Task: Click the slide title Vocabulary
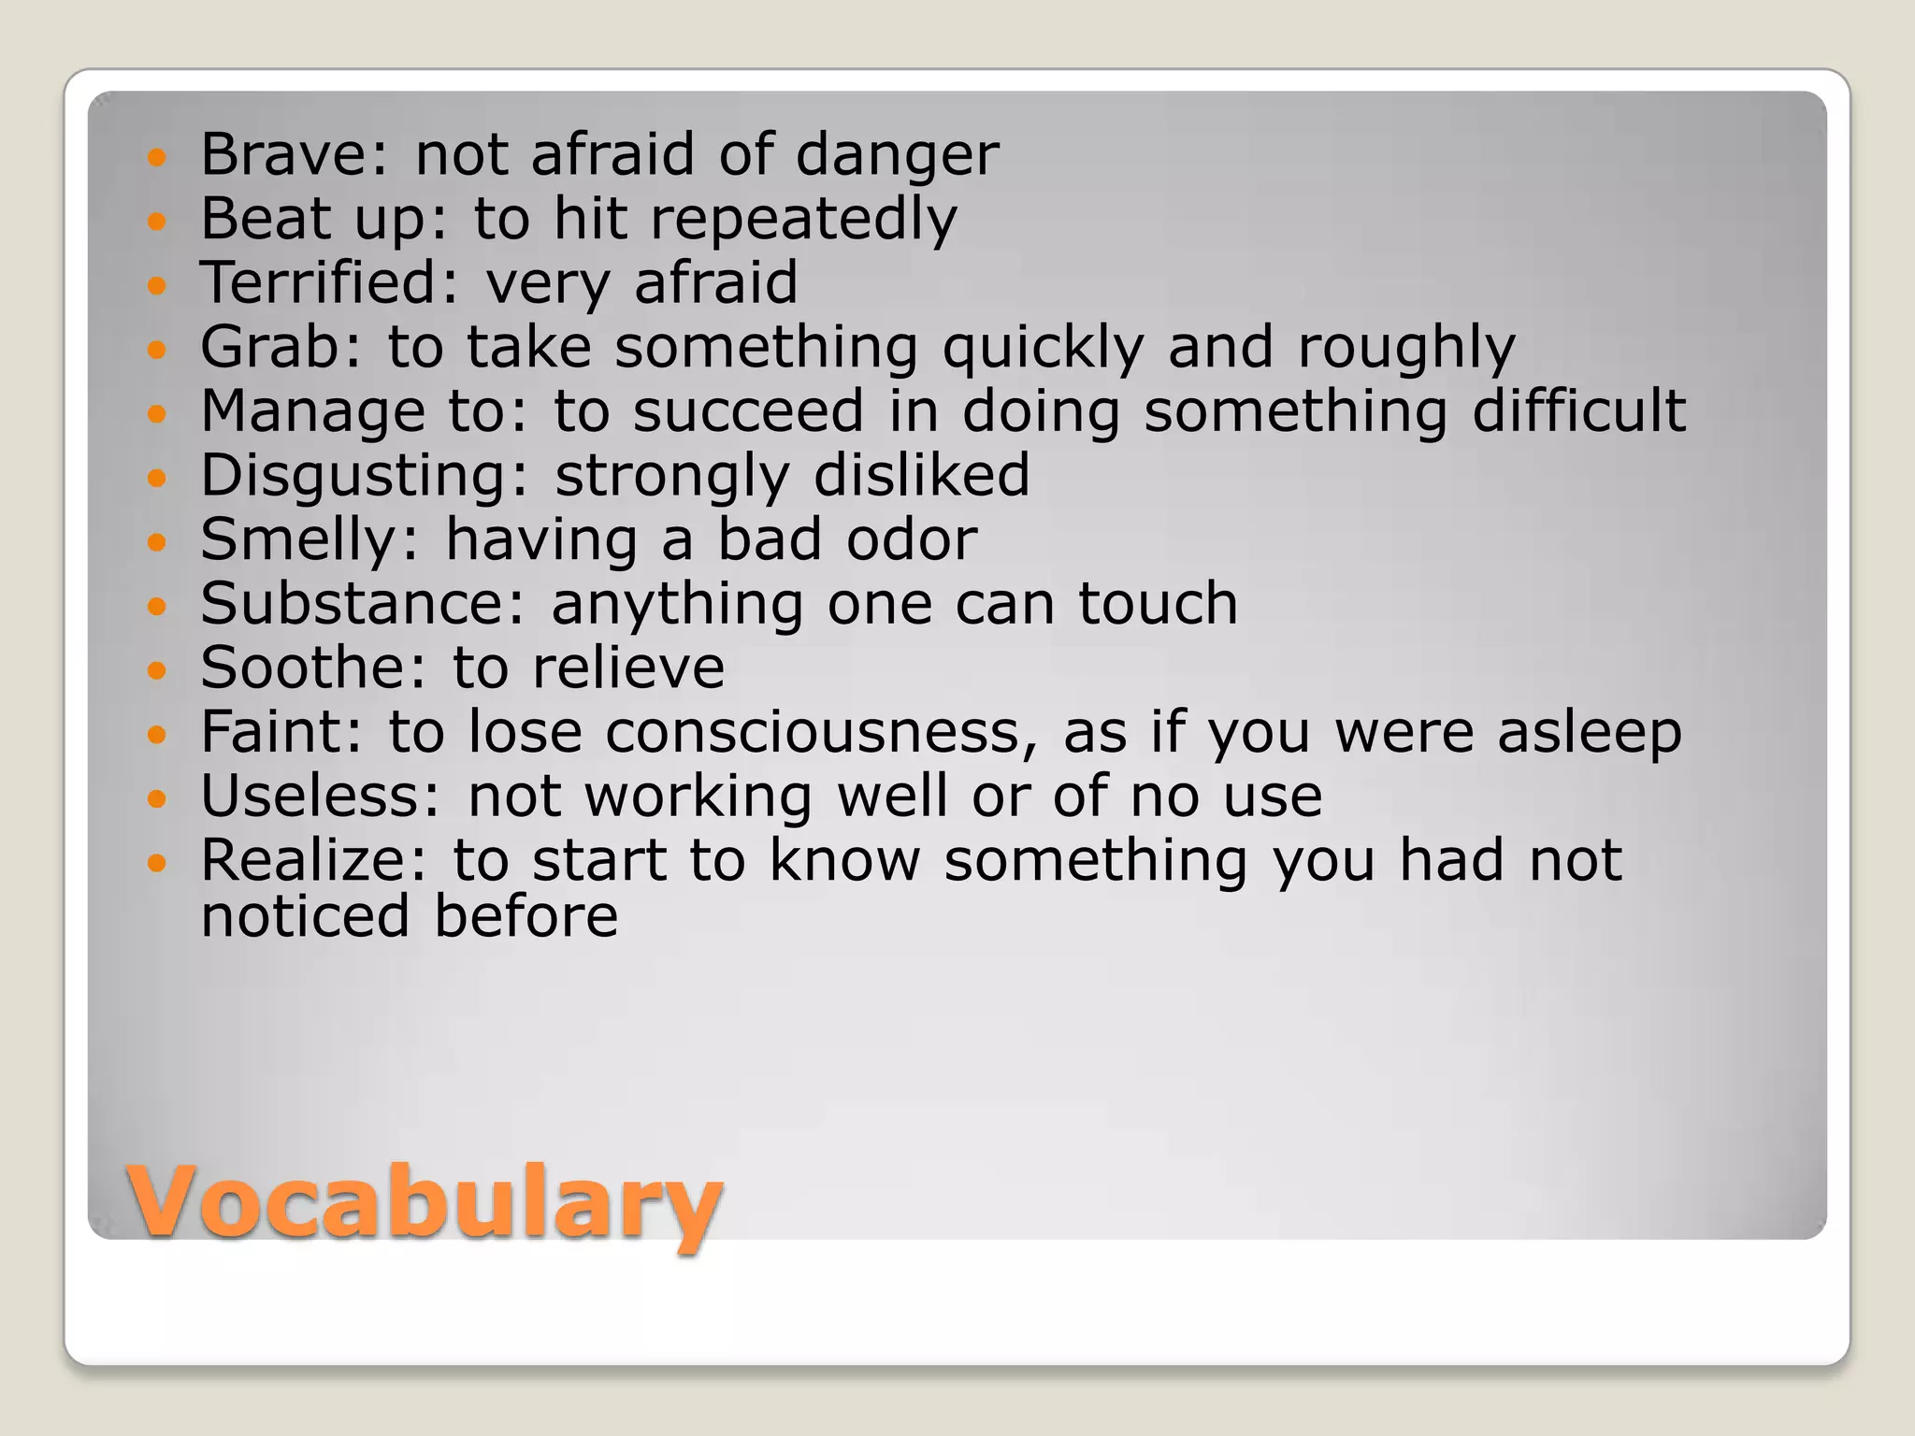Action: tap(425, 1200)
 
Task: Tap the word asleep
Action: tap(1589, 734)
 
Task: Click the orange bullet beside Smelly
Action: tap(156, 541)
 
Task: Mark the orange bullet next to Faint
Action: tap(156, 734)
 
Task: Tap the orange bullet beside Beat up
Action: tap(156, 222)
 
